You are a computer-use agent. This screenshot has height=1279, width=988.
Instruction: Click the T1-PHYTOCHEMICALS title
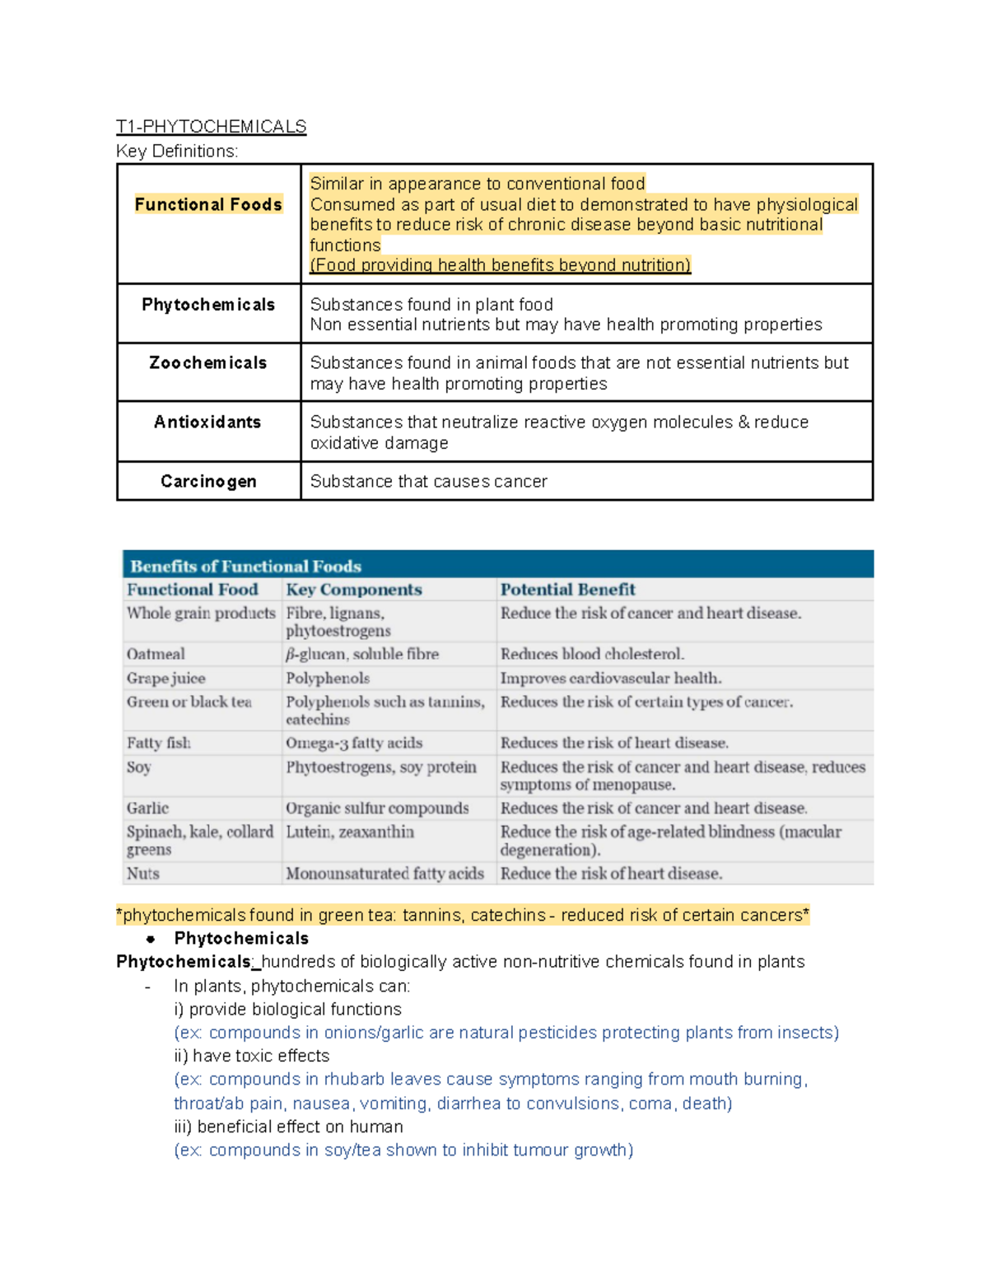pyautogui.click(x=211, y=126)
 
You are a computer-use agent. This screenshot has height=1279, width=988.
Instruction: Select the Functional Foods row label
pyautogui.click(x=208, y=204)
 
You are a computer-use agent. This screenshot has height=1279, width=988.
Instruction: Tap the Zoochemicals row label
pyautogui.click(x=208, y=363)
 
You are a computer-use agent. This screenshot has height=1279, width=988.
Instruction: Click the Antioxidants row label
pyautogui.click(x=207, y=422)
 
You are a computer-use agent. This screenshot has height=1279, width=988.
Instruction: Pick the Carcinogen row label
pyautogui.click(x=208, y=482)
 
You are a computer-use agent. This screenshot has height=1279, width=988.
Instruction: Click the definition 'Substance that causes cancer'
pyautogui.click(x=428, y=482)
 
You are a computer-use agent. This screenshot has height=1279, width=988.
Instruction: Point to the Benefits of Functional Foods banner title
pyautogui.click(x=245, y=567)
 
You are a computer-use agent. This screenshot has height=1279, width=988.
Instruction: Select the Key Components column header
pyautogui.click(x=353, y=590)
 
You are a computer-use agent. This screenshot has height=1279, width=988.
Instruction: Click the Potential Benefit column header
pyautogui.click(x=567, y=590)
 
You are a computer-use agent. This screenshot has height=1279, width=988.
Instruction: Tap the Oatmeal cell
pyautogui.click(x=156, y=654)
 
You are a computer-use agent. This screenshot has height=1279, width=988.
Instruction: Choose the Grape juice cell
pyautogui.click(x=165, y=679)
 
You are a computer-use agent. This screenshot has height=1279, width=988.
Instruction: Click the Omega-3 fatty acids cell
pyautogui.click(x=354, y=743)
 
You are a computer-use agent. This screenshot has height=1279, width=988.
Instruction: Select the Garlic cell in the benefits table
pyautogui.click(x=147, y=808)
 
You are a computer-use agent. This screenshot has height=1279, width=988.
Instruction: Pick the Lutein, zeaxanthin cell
pyautogui.click(x=350, y=832)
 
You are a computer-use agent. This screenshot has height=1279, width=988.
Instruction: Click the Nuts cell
pyautogui.click(x=143, y=874)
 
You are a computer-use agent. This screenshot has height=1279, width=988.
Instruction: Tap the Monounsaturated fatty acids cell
pyautogui.click(x=384, y=874)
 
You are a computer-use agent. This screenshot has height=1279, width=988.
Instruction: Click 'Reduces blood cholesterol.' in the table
pyautogui.click(x=592, y=654)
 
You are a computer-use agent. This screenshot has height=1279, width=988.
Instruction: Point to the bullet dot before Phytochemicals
pyautogui.click(x=151, y=939)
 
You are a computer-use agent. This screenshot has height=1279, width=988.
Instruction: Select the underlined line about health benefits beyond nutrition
pyautogui.click(x=500, y=265)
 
